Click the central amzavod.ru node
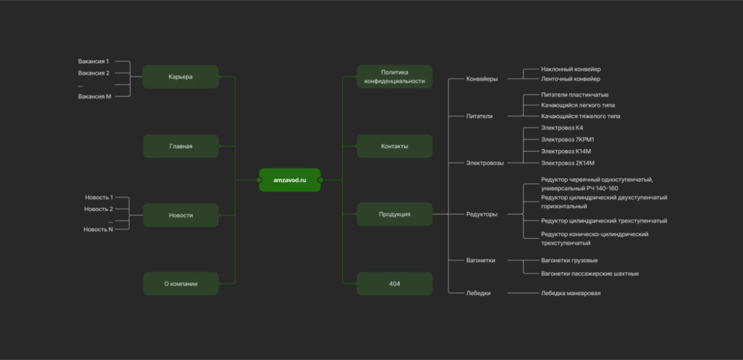(x=289, y=180)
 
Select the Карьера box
(x=181, y=76)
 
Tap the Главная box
(x=181, y=146)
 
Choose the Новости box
(x=181, y=215)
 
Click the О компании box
(x=181, y=284)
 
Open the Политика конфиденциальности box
(x=394, y=76)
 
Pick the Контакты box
(x=394, y=146)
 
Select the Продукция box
(x=394, y=214)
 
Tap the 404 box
(x=394, y=284)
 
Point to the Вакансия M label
(x=95, y=96)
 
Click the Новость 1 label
(x=99, y=197)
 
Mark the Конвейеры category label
(x=481, y=79)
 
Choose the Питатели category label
(x=479, y=116)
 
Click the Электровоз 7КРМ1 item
(x=567, y=139)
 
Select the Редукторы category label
(x=481, y=214)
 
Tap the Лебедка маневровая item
(x=571, y=293)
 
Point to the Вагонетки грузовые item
(x=569, y=260)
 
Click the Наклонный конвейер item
(x=571, y=69)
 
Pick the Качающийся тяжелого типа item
(x=580, y=116)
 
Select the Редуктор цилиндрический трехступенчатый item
(x=603, y=221)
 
